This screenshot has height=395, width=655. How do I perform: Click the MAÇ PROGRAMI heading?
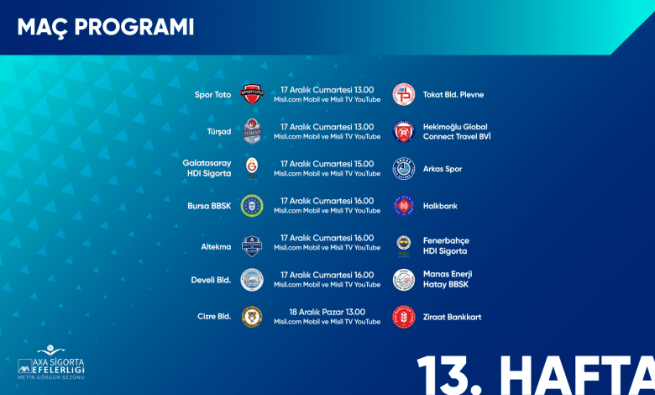tap(106, 28)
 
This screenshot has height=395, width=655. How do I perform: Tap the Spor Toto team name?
tap(212, 95)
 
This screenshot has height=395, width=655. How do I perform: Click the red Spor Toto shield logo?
tap(252, 94)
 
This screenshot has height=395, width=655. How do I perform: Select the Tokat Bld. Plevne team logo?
tap(404, 94)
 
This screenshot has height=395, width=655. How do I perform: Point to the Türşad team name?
tap(219, 132)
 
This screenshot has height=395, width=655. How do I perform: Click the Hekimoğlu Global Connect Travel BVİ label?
tap(457, 132)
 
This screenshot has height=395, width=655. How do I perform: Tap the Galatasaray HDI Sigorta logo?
tap(252, 168)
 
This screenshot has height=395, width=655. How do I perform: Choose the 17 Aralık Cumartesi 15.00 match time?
tap(327, 164)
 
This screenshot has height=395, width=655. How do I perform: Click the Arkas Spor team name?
tap(443, 169)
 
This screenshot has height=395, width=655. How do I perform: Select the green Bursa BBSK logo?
tap(252, 206)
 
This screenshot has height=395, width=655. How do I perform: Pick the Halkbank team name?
tap(440, 206)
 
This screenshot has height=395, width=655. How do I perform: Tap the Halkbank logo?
tap(404, 206)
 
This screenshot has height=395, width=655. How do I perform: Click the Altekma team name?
tap(216, 246)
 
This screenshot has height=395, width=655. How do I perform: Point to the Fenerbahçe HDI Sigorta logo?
tap(404, 245)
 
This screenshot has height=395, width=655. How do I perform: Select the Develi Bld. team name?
tap(211, 280)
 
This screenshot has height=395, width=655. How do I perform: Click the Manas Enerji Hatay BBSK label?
tap(448, 279)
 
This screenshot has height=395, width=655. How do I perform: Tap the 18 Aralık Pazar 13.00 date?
tap(327, 312)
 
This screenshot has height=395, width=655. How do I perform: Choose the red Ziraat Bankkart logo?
tap(404, 317)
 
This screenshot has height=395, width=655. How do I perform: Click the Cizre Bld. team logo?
tap(252, 317)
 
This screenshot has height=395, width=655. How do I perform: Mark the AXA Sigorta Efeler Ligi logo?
tap(51, 362)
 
